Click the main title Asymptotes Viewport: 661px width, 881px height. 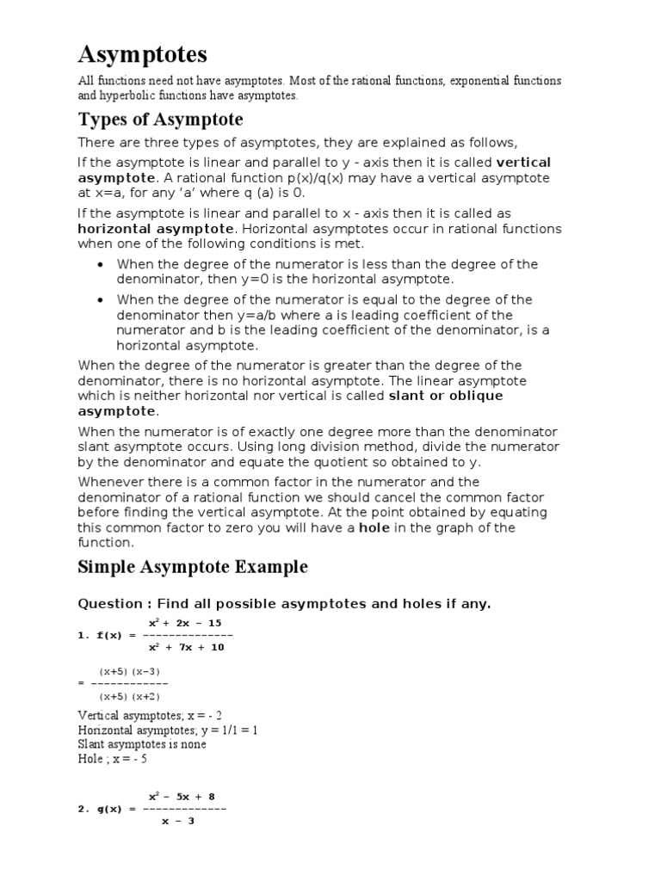tap(142, 55)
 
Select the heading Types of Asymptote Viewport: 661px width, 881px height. tap(160, 119)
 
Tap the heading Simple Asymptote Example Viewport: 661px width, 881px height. tap(193, 567)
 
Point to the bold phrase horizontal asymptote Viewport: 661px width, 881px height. tap(156, 229)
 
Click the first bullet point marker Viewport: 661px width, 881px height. tap(102, 265)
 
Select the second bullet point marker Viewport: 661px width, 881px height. tap(102, 300)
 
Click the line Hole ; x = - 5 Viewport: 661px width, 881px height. tap(112, 760)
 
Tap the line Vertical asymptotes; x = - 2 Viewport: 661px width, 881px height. tap(151, 716)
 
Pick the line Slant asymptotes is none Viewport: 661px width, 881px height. tap(141, 745)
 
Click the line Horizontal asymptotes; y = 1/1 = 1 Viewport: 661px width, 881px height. tap(168, 730)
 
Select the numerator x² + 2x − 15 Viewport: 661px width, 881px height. tap(185, 623)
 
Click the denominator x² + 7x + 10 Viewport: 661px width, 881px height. tap(186, 648)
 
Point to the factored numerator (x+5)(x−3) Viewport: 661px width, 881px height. tap(129, 671)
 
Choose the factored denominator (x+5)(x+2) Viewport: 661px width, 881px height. tap(129, 696)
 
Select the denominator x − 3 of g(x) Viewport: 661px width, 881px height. tap(179, 822)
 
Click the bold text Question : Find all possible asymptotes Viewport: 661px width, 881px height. tap(284, 604)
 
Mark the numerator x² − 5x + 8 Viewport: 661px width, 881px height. tap(182, 797)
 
